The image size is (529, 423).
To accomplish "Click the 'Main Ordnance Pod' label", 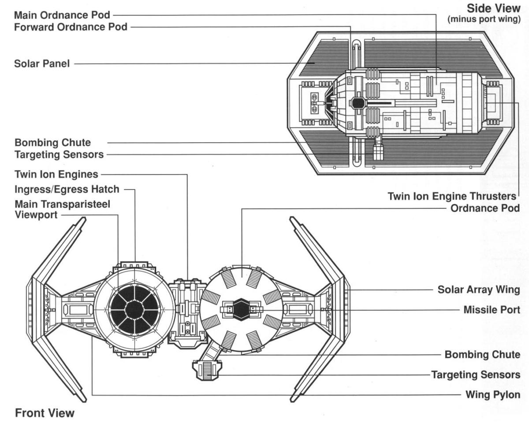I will pos(62,15).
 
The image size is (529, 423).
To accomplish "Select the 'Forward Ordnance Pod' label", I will pos(71,27).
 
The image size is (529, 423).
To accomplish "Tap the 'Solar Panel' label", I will pos(42,64).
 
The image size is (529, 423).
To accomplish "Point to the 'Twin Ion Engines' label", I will pos(56,174).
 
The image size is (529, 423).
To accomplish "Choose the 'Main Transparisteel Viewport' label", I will pos(62,210).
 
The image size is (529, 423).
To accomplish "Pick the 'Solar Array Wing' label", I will pos(479,290).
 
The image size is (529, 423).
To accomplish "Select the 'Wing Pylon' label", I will pos(493,394).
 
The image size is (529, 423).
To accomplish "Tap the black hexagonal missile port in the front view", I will pos(242,310).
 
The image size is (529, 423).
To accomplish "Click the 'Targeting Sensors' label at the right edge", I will pos(475,375).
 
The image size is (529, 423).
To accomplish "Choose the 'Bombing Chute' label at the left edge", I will pos(52,143).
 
